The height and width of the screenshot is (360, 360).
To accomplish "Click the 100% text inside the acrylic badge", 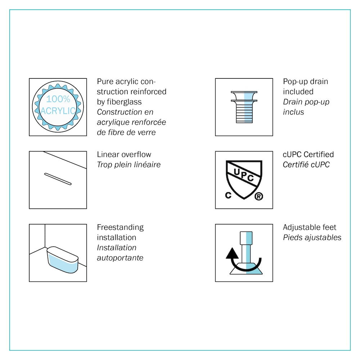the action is [58, 99].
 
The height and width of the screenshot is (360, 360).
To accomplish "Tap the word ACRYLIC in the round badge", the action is [58, 111].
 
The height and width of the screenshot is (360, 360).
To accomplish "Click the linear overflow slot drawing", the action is [58, 179].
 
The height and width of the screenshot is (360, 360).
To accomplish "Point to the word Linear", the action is [107, 154].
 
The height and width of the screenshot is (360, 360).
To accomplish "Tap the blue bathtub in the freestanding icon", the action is [62, 260].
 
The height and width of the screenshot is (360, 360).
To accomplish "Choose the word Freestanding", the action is [120, 227].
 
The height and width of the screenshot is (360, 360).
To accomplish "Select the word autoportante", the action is [120, 258].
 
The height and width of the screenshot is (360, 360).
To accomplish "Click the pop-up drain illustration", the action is [244, 107].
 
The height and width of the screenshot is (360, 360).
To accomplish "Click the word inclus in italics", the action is [293, 112].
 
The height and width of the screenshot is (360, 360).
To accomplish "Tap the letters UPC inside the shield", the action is [244, 175].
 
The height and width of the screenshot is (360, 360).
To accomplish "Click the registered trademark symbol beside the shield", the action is [259, 196].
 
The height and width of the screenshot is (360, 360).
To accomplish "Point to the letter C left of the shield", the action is [228, 195].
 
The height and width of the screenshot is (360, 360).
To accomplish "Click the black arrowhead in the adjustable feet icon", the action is [232, 253].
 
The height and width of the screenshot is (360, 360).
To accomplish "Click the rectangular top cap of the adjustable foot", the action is [246, 238].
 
